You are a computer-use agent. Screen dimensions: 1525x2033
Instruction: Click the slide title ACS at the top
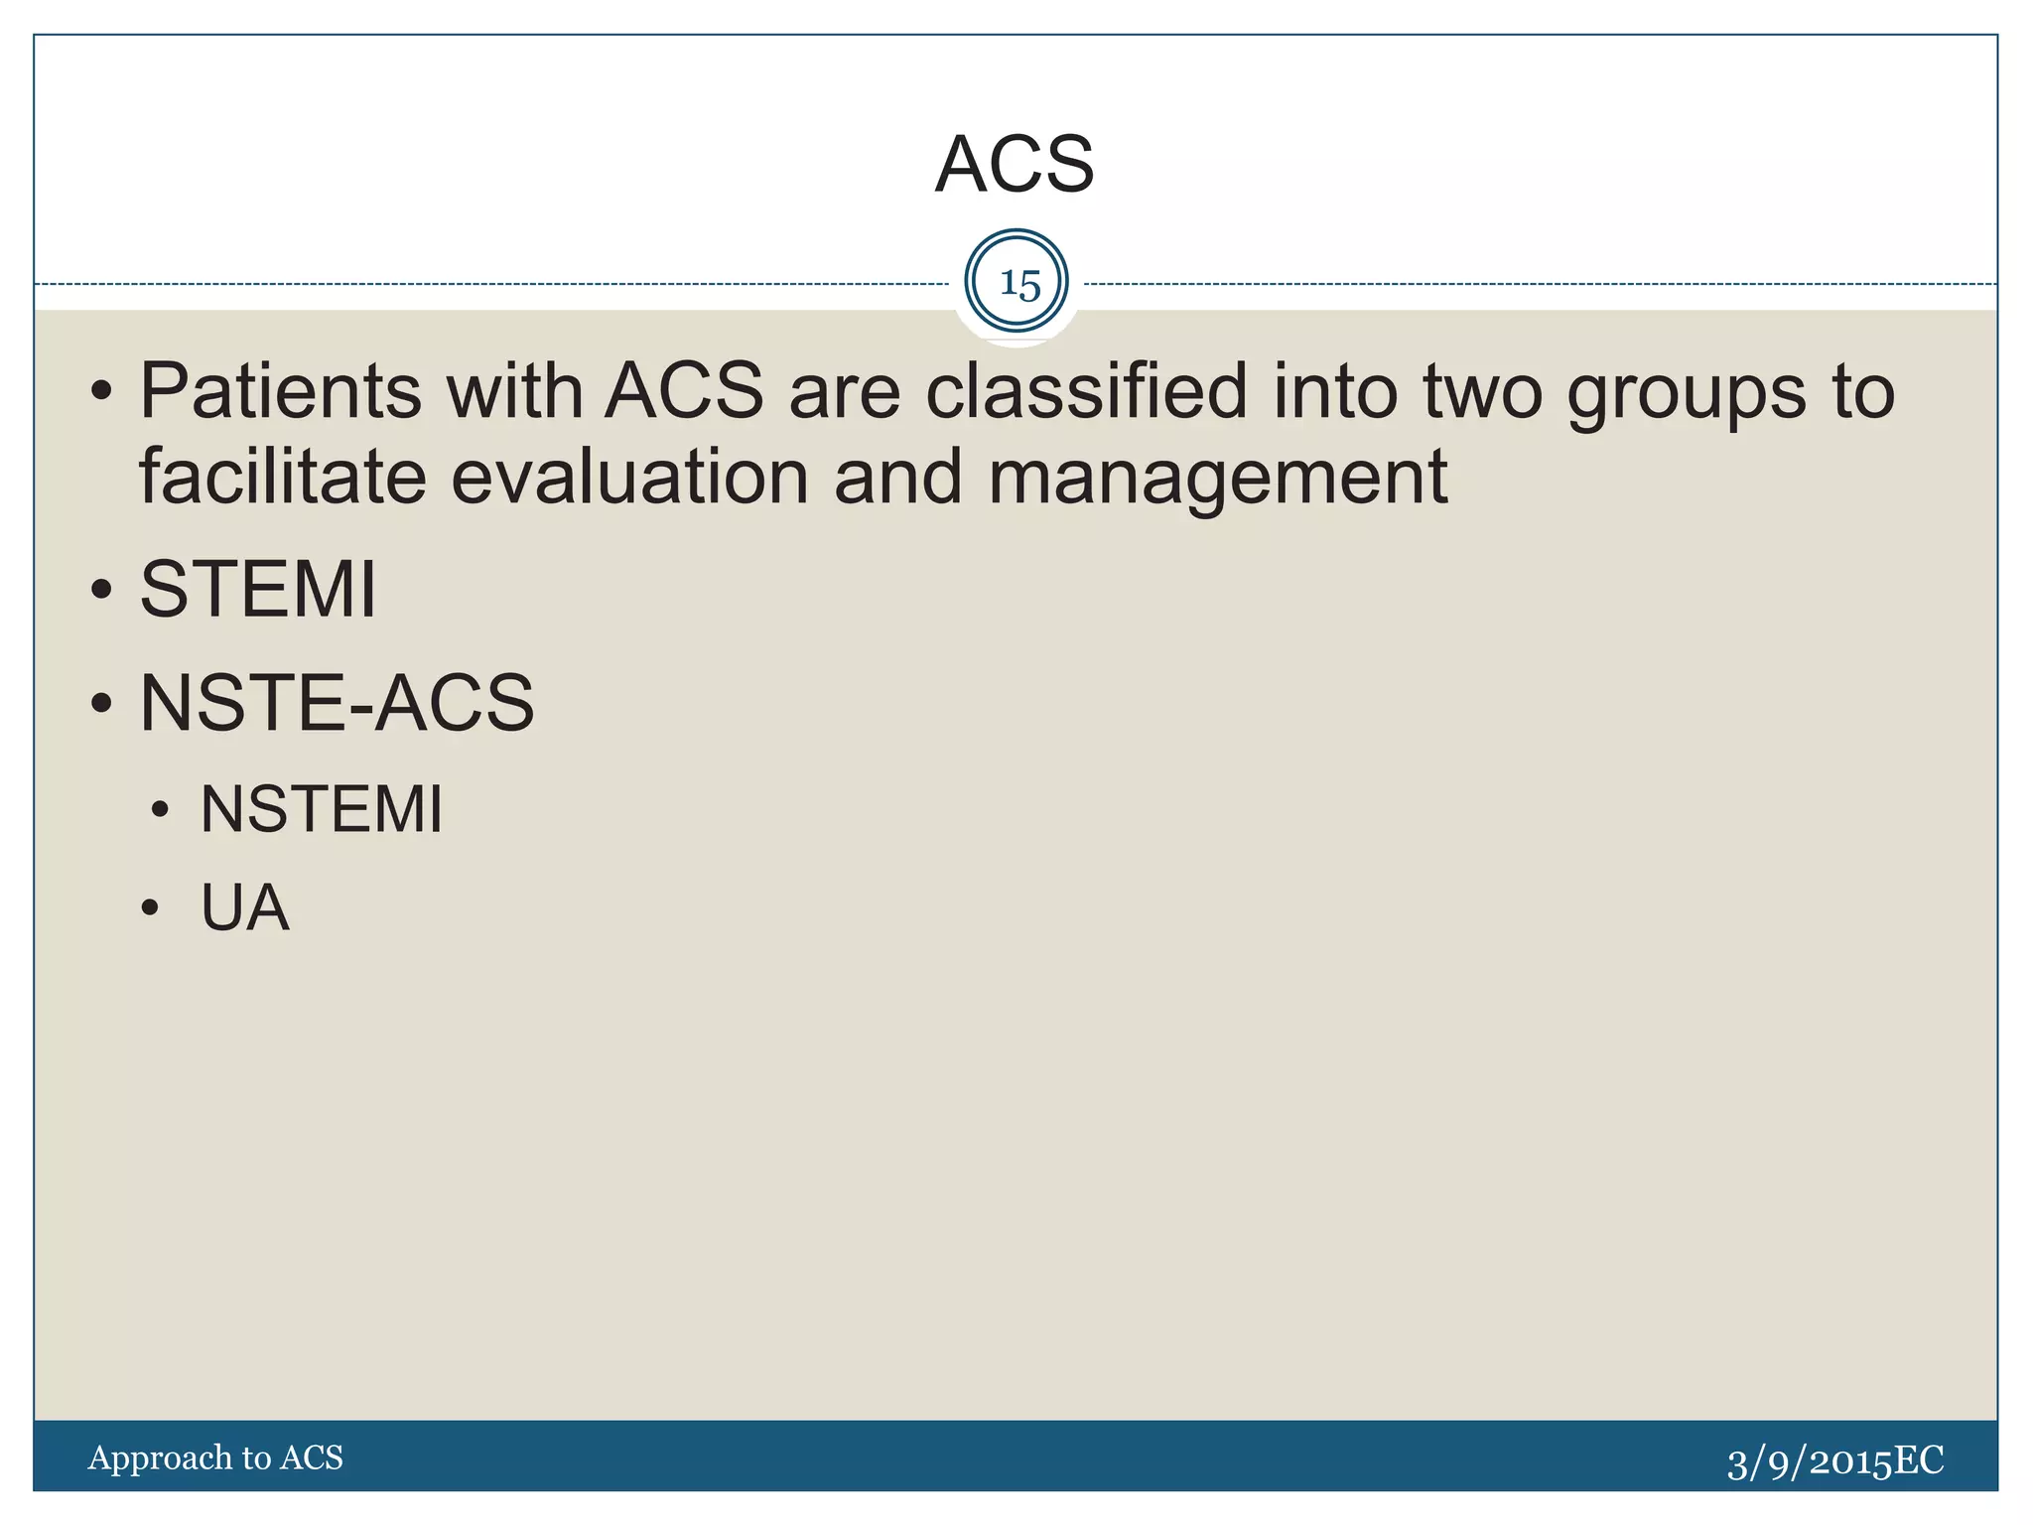(x=1015, y=164)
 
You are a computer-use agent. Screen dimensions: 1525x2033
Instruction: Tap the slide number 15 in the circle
(x=1018, y=284)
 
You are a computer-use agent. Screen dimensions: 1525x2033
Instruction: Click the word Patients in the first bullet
(x=279, y=391)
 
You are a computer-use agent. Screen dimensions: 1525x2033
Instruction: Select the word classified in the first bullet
(x=1086, y=391)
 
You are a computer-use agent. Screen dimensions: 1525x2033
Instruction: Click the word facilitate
(x=282, y=477)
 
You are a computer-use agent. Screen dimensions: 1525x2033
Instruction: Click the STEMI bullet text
(x=258, y=590)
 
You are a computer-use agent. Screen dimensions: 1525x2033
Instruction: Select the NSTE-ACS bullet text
(x=337, y=703)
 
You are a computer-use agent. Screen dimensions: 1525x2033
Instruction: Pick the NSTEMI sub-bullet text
(x=322, y=809)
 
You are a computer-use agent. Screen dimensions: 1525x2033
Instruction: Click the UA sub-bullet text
(x=244, y=907)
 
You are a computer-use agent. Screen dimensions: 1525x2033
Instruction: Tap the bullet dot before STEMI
(x=101, y=591)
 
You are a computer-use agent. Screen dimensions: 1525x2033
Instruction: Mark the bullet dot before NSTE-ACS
(x=101, y=704)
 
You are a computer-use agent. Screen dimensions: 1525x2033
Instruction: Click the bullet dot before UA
(x=150, y=908)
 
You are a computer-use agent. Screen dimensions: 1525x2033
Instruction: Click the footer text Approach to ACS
(x=215, y=1457)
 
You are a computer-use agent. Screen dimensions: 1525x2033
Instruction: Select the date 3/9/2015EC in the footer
(x=1834, y=1461)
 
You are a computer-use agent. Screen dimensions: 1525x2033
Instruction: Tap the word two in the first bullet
(x=1483, y=391)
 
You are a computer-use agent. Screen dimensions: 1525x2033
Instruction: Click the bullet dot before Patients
(x=101, y=392)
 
